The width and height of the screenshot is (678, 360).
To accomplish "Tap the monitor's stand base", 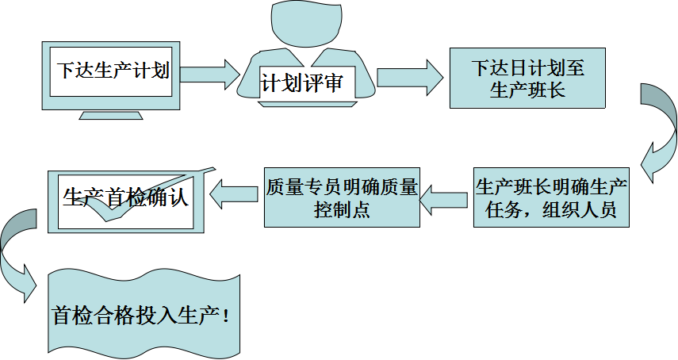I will [x=112, y=116].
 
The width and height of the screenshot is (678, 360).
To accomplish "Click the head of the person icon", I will [x=306, y=25].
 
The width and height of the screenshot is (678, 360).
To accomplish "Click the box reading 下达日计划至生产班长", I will [x=528, y=79].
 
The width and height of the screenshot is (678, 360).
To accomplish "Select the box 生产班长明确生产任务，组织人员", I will [x=551, y=198].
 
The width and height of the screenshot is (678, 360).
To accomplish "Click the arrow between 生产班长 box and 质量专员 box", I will [x=444, y=198].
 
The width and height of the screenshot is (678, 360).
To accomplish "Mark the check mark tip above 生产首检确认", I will [x=213, y=170].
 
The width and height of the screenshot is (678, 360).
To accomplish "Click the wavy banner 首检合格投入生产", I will [x=143, y=316].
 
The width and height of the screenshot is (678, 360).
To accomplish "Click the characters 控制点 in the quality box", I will [x=342, y=211].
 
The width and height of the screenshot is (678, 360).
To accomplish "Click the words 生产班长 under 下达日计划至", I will [x=528, y=90].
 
